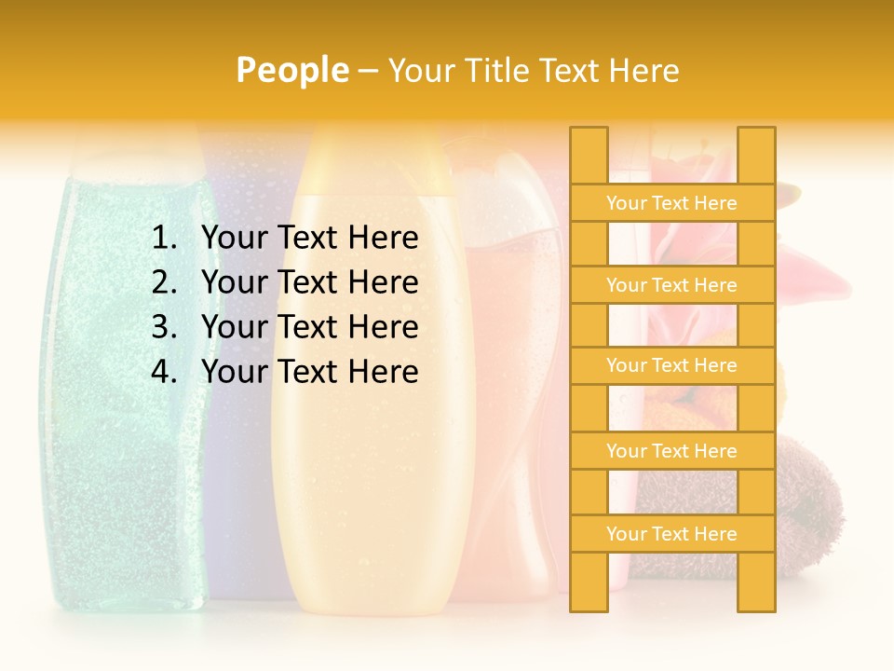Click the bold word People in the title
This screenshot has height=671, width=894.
pyautogui.click(x=291, y=70)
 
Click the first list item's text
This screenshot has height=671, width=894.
pyautogui.click(x=309, y=239)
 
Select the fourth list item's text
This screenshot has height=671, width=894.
pyautogui.click(x=309, y=372)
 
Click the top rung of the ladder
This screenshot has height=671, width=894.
pyautogui.click(x=671, y=203)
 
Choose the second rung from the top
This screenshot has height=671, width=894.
pyautogui.click(x=671, y=285)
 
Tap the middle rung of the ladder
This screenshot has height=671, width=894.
pyautogui.click(x=671, y=365)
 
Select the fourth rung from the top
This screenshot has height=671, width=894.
pyautogui.click(x=671, y=451)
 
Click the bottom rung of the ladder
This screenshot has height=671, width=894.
pyautogui.click(x=671, y=534)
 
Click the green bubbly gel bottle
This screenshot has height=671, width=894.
pyautogui.click(x=121, y=391)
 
